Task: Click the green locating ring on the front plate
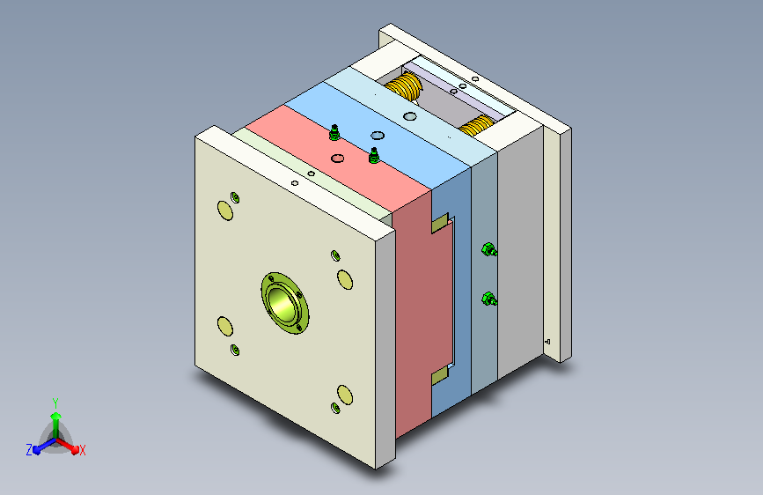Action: point(284,303)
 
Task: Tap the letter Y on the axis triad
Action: point(55,403)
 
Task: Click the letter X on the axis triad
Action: point(82,450)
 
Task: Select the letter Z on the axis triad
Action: point(29,450)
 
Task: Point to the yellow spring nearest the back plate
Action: point(475,126)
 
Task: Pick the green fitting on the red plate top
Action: point(334,132)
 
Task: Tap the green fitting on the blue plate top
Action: point(374,155)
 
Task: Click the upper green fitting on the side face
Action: point(488,249)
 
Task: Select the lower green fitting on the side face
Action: point(488,299)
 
